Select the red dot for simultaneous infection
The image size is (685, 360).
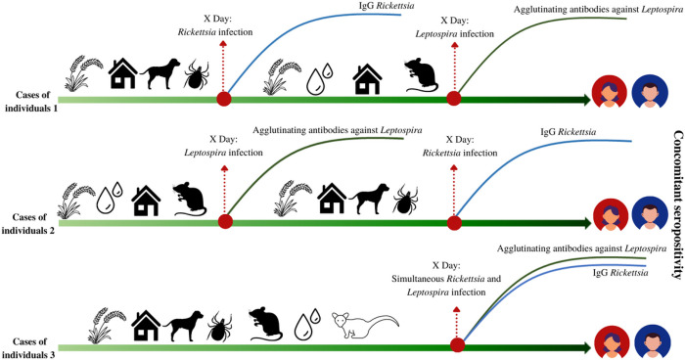click(x=456, y=344)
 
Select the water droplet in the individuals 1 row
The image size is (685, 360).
click(x=318, y=78)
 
